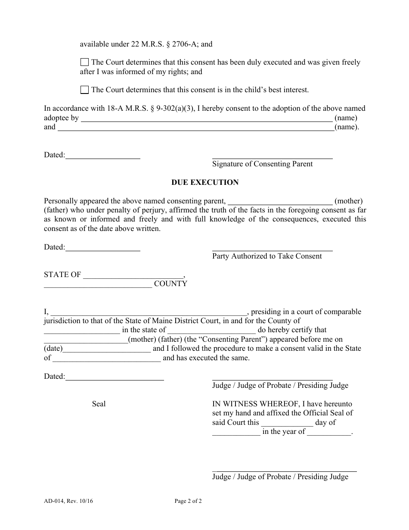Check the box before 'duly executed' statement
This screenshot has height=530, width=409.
point(85,62)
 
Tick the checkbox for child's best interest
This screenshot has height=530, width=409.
point(85,90)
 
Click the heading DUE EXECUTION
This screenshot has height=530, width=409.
point(205,182)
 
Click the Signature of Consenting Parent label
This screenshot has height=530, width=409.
point(262,164)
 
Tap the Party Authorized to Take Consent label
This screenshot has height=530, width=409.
point(267,256)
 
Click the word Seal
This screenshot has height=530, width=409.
point(99,404)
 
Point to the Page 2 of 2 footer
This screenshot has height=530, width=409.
point(188,501)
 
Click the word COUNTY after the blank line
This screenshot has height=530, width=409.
point(170,284)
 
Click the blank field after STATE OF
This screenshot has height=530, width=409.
point(133,275)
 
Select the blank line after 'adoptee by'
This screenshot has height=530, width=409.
point(207,118)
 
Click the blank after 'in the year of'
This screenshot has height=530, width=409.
point(329,432)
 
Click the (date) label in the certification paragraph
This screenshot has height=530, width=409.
point(53,349)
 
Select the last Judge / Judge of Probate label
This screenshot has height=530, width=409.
point(280,477)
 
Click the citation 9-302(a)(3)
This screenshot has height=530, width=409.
point(176,109)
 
